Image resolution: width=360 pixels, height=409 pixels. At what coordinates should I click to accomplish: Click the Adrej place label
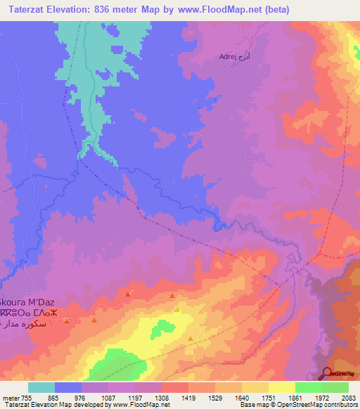point(229,56)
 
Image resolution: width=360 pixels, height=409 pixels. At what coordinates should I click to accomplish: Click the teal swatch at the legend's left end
point(41,387)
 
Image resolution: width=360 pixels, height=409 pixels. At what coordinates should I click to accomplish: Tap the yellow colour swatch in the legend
point(281,387)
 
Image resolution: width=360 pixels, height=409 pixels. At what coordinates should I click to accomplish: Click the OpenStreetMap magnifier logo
point(328,373)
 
